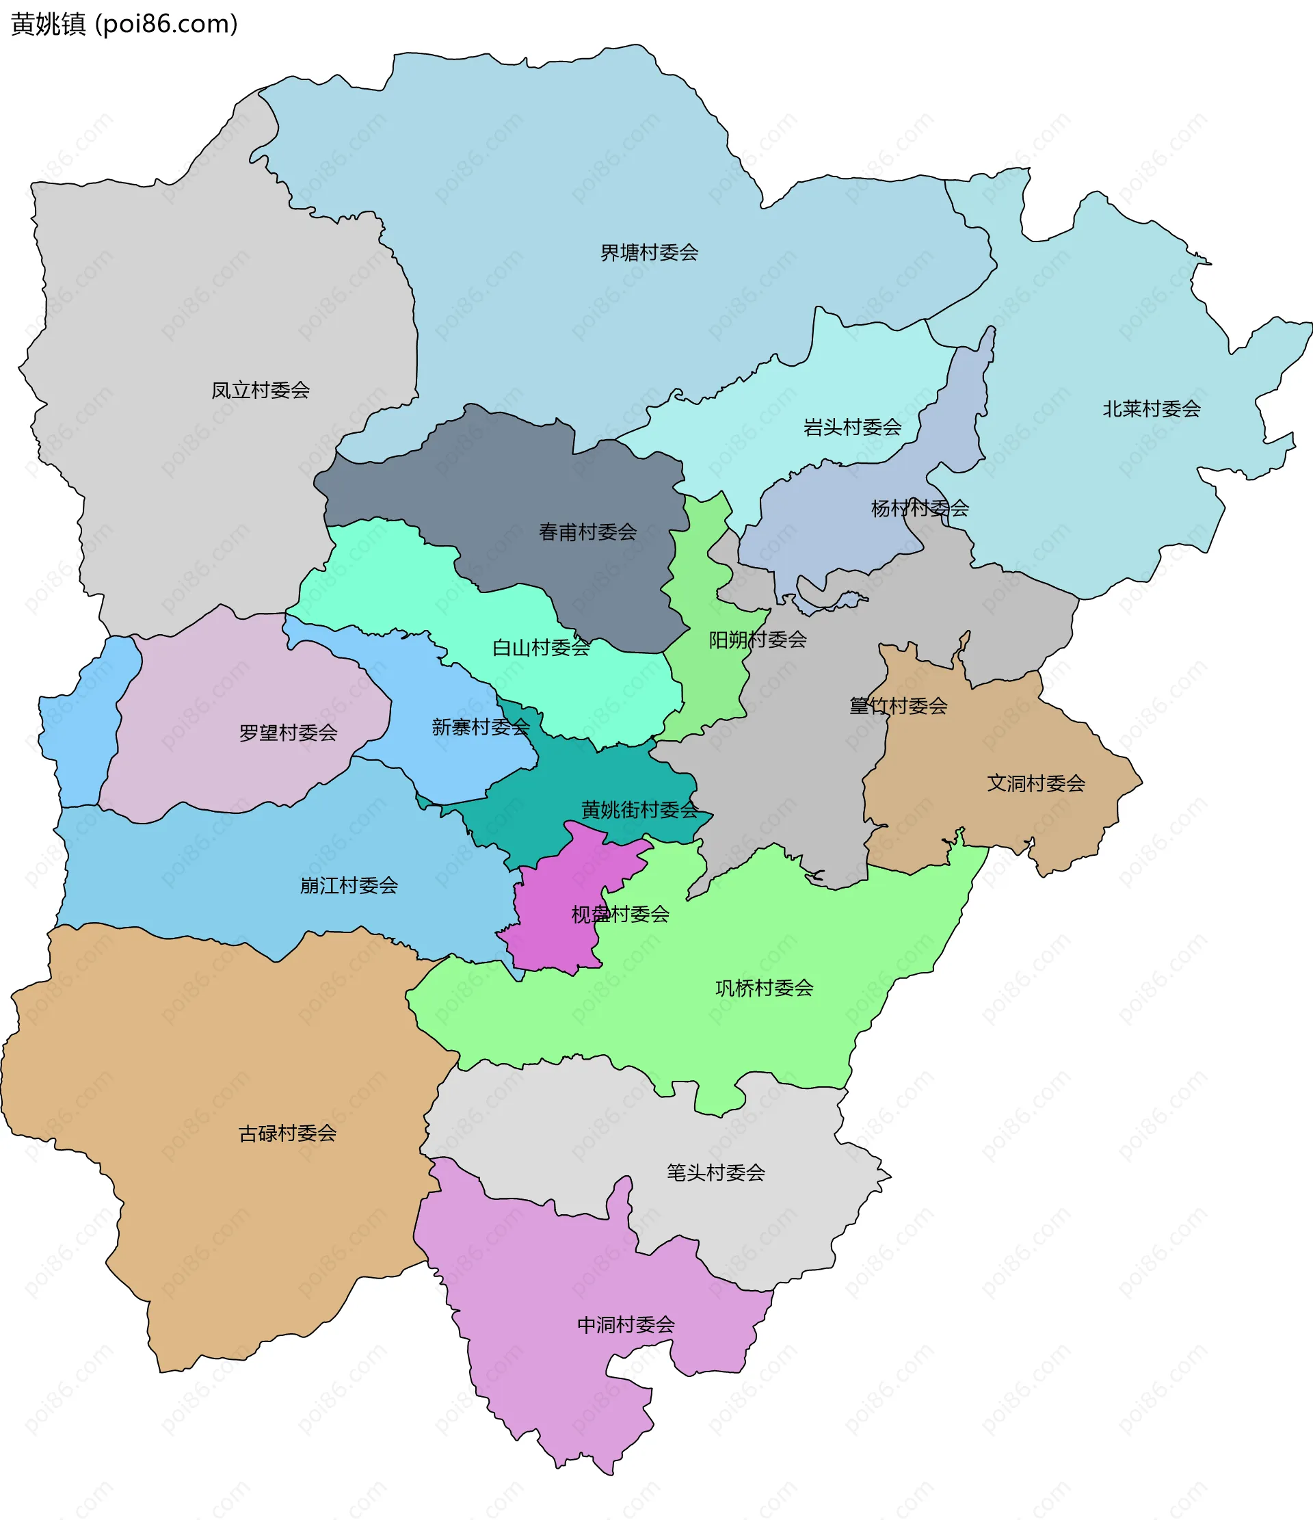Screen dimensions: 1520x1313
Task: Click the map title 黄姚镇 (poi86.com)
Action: click(124, 24)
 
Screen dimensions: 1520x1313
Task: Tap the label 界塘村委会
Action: click(648, 253)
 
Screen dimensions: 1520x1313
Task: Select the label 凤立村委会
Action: click(261, 391)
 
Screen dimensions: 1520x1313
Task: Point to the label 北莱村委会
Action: click(1151, 409)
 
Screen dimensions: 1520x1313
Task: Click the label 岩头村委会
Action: click(851, 428)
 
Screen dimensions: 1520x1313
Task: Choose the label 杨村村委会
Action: click(919, 508)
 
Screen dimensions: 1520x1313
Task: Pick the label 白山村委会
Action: click(541, 648)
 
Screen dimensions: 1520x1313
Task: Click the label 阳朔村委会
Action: click(757, 640)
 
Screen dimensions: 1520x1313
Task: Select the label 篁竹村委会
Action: click(898, 707)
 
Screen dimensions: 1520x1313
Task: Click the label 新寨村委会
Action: click(481, 728)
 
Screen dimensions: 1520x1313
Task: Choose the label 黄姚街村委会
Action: click(639, 811)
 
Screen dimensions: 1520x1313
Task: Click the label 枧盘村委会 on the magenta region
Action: click(620, 915)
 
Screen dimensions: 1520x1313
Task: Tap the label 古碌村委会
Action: click(287, 1134)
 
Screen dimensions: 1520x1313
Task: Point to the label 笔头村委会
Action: click(715, 1173)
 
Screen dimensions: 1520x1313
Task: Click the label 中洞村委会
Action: click(625, 1325)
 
